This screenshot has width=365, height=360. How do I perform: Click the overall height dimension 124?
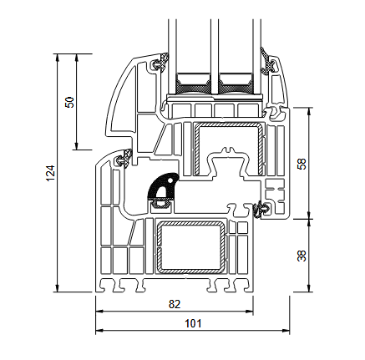pyautogui.click(x=49, y=173)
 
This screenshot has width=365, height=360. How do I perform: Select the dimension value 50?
pyautogui.click(x=70, y=102)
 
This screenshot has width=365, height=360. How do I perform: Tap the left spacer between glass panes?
pyautogui.click(x=191, y=83)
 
